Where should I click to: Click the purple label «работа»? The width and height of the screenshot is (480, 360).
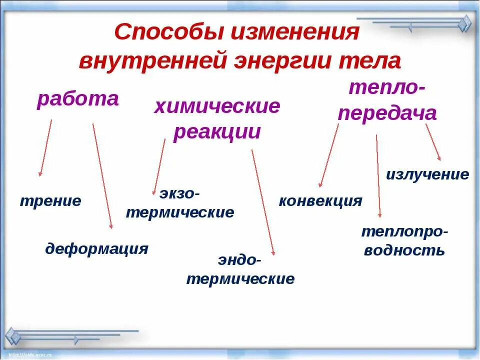77,99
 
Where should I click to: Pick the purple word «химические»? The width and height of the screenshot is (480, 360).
217,106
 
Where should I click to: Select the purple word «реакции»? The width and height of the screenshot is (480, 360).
217,132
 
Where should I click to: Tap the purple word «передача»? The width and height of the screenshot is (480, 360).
387,113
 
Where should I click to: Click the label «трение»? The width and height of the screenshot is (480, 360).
50,201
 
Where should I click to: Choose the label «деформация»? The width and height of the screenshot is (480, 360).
96,248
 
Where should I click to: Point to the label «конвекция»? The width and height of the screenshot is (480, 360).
320,201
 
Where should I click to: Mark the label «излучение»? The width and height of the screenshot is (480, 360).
427,174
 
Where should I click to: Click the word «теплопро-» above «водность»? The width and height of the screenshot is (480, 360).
404,231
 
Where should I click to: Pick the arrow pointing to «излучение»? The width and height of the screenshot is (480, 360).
433,142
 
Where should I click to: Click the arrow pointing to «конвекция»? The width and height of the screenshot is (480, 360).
329,155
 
